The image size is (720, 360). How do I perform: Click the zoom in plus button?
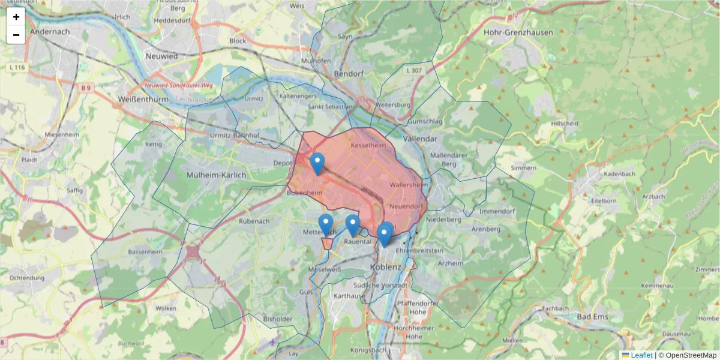pyautogui.click(x=16, y=17)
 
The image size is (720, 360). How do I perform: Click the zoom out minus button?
pyautogui.click(x=16, y=35)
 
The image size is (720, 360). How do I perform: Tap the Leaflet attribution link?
pyautogui.click(x=641, y=355)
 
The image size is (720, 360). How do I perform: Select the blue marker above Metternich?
pyautogui.click(x=326, y=224)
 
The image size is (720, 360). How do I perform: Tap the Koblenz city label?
pyautogui.click(x=385, y=267)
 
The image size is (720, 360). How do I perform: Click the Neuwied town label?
pyautogui.click(x=161, y=56)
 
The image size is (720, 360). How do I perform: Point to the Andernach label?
pyautogui.click(x=50, y=31)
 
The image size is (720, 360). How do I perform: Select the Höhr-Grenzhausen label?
pyautogui.click(x=518, y=32)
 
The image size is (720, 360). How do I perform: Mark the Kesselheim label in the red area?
pyautogui.click(x=367, y=145)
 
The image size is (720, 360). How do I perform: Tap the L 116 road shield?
pyautogui.click(x=18, y=68)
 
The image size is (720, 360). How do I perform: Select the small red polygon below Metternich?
pyautogui.click(x=327, y=243)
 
